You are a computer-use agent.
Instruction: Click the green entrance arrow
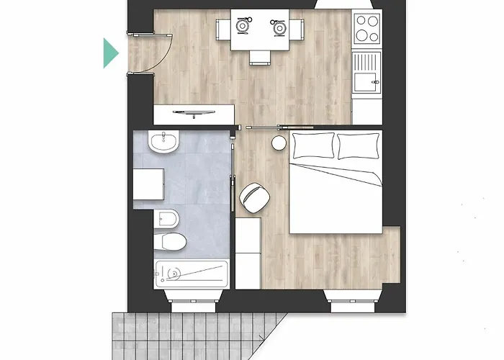(110, 53)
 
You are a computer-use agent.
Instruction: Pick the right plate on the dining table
(278, 27)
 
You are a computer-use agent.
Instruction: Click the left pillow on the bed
(313, 145)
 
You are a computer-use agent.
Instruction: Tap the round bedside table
(279, 143)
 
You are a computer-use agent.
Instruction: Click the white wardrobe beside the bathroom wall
(248, 252)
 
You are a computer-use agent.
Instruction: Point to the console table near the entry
(194, 114)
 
